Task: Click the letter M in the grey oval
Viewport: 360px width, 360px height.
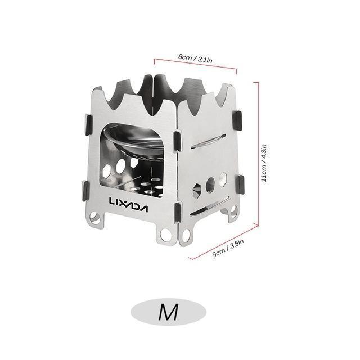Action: coord(168,311)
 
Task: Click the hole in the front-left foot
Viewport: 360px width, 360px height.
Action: coord(96,217)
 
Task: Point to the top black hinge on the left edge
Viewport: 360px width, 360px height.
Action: coord(89,124)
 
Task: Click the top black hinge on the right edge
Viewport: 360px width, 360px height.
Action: coord(238,118)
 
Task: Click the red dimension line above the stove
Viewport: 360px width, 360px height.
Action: coord(195,64)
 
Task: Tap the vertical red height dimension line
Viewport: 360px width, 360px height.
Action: coord(259,163)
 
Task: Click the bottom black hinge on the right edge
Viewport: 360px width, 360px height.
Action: coord(240,183)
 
